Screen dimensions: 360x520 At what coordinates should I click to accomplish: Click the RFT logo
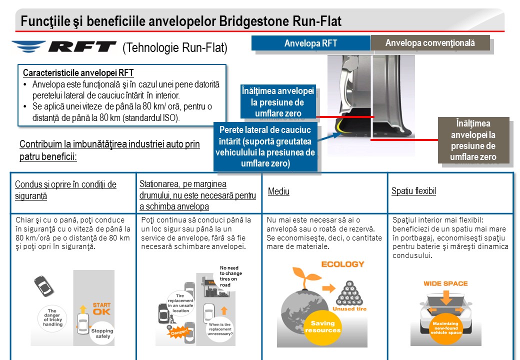coord(63,47)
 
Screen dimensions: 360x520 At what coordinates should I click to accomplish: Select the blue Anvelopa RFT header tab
coord(310,43)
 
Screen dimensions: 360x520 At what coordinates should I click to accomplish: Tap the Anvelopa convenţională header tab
coord(430,43)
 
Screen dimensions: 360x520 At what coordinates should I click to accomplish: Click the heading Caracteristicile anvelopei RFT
coord(78,73)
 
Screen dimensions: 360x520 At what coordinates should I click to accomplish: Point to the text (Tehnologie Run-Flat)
coord(174,47)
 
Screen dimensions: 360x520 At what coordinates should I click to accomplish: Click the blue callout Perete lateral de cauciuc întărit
coord(265,146)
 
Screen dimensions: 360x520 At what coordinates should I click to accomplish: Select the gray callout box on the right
coord(473,140)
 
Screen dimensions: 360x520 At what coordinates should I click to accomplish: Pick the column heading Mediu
coord(278,191)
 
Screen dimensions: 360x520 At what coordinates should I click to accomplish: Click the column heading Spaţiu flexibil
coord(413,191)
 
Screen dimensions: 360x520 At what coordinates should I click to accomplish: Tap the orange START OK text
coord(102,308)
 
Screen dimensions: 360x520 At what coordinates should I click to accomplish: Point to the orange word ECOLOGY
coord(342,264)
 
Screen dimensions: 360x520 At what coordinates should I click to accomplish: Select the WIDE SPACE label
coord(445,283)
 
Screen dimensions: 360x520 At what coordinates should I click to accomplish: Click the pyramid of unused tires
coord(349,294)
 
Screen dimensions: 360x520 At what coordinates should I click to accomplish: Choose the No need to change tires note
coord(231,276)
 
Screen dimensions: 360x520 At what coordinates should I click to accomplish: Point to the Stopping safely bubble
coord(101,333)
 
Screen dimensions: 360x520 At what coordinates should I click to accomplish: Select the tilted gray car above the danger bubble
coord(44,286)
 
